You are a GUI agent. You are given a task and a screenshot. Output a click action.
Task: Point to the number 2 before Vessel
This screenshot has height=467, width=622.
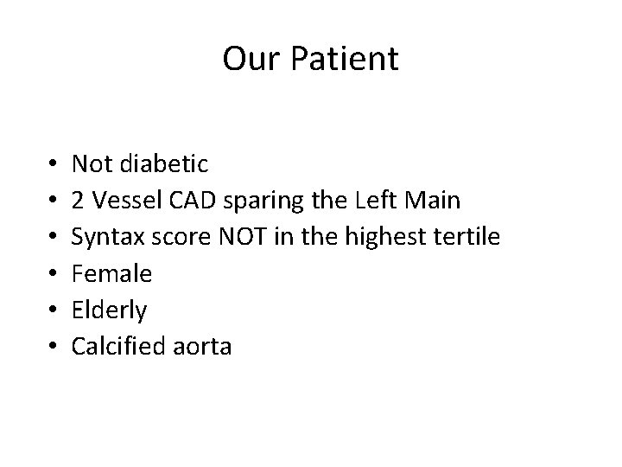point(79,200)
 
